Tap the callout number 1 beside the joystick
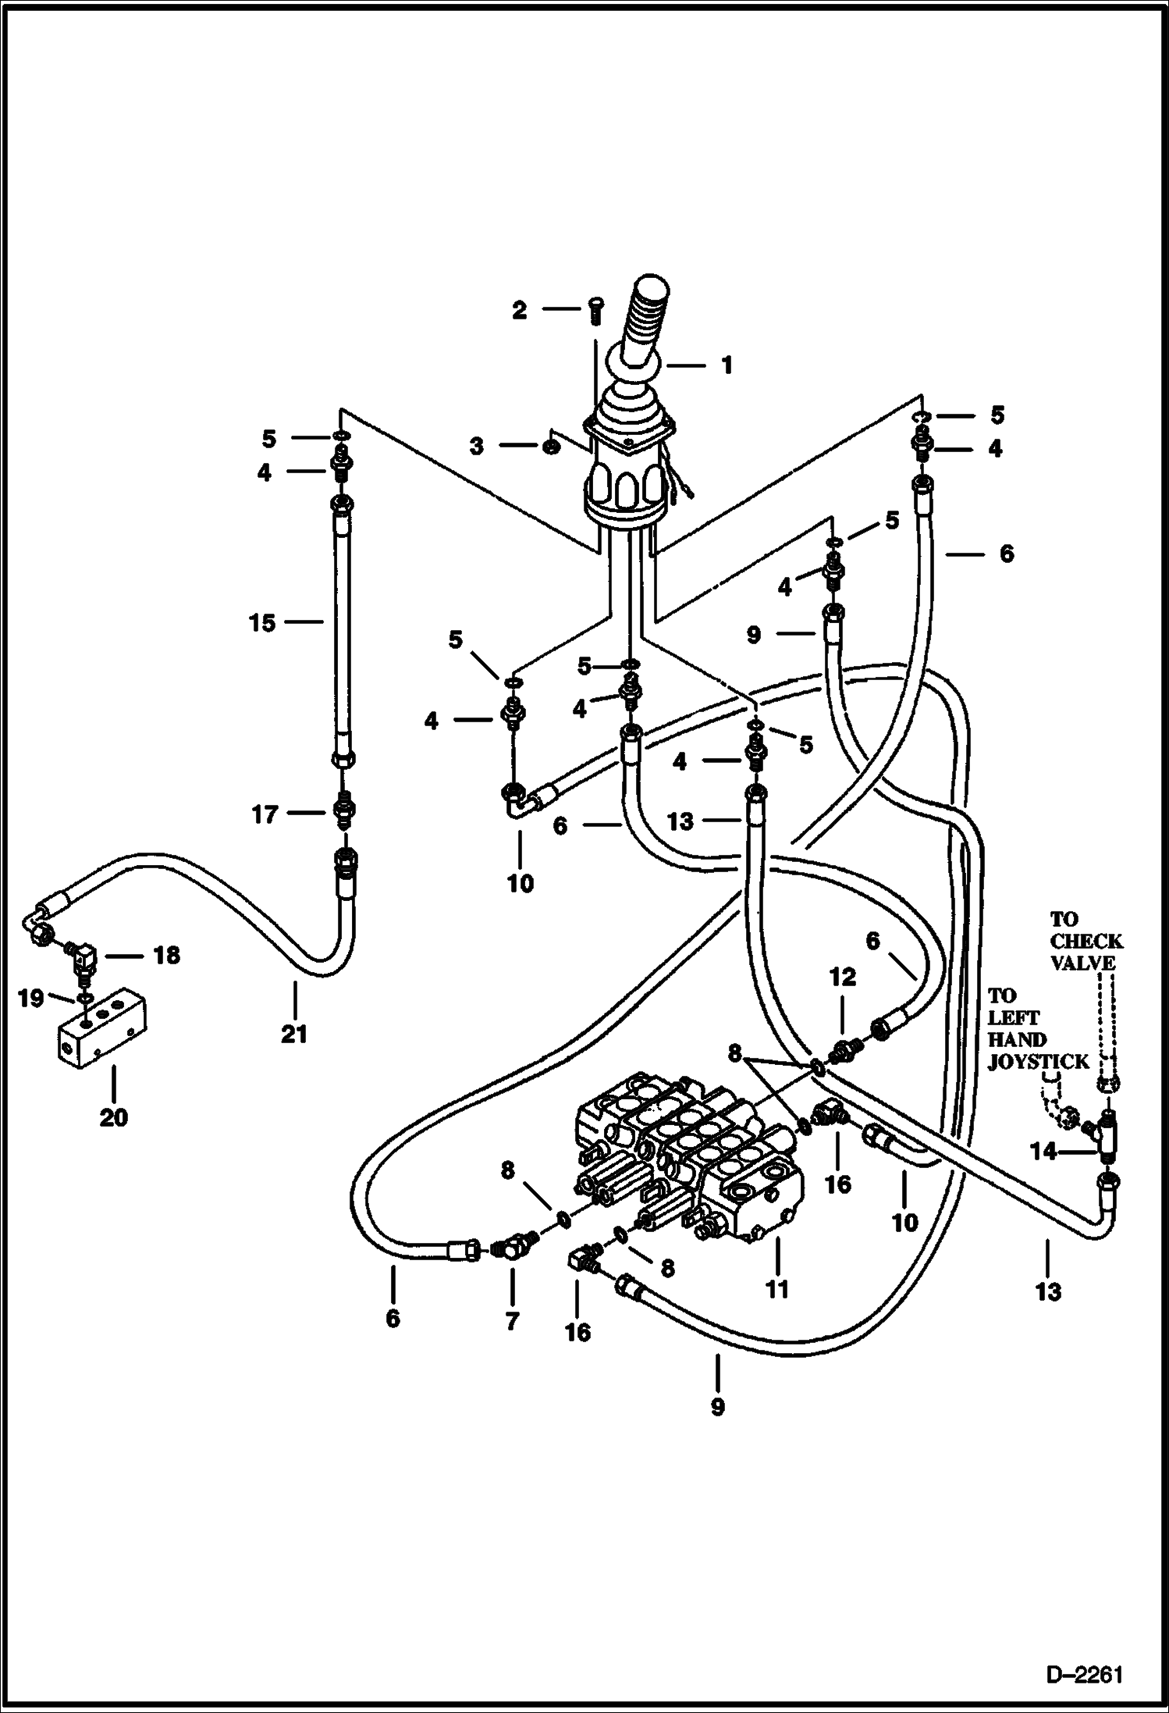pos(727,365)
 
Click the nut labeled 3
pos(549,447)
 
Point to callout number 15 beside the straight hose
pos(262,623)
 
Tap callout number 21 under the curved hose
pos(295,1035)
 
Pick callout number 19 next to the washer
pos(30,999)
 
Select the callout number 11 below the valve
pos(777,1289)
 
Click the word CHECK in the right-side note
pos(1087,941)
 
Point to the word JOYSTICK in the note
pos(1038,1062)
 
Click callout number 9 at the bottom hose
pos(717,1407)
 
